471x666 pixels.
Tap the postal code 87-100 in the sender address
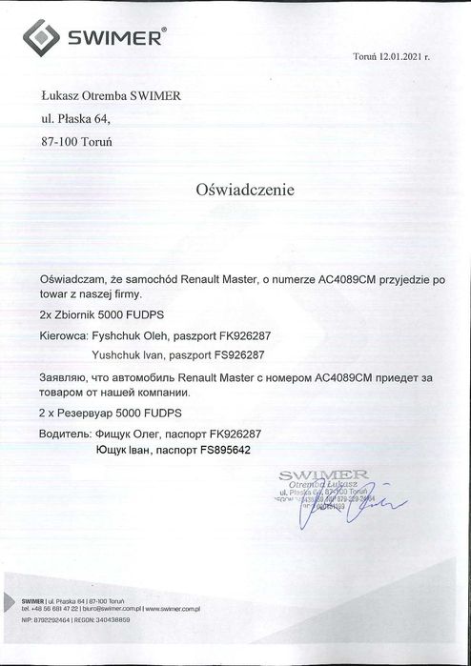(60, 139)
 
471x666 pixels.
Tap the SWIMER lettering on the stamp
(323, 474)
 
